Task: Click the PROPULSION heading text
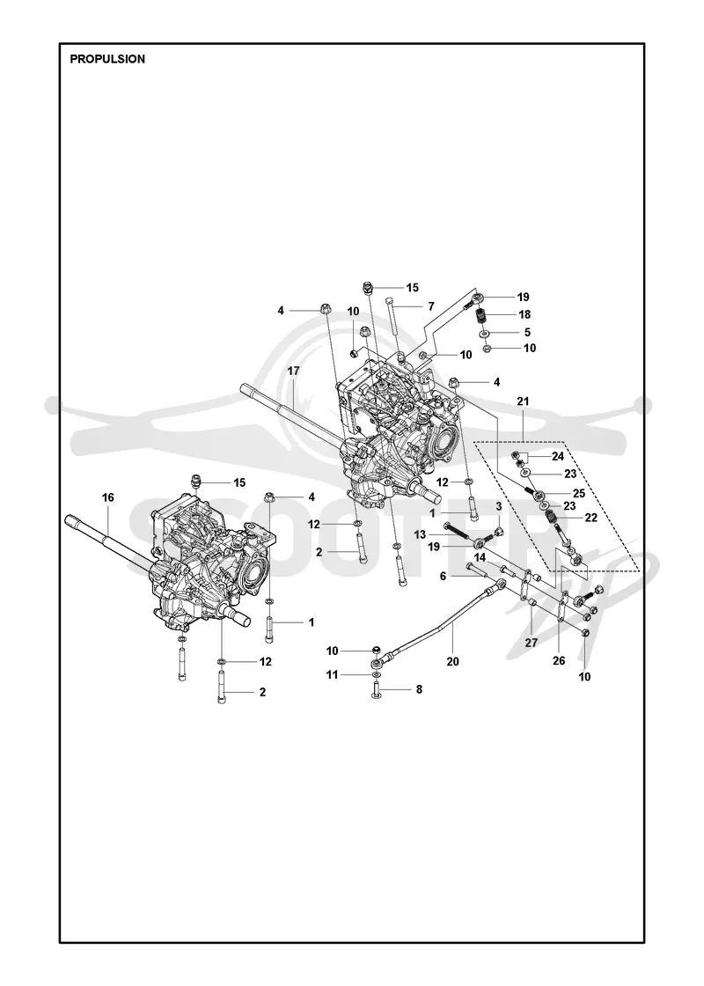[x=107, y=59]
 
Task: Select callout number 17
[x=294, y=371]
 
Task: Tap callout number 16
[x=108, y=497]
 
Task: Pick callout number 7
[x=431, y=306]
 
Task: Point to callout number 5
[x=527, y=332]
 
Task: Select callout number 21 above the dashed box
[x=523, y=401]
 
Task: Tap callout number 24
[x=558, y=457]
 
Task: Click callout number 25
[x=579, y=493]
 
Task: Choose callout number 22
[x=590, y=518]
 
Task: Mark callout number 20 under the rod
[x=452, y=661]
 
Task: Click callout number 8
[x=419, y=689]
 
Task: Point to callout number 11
[x=332, y=674]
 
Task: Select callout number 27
[x=532, y=643]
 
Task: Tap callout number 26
[x=559, y=660]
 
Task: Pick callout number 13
[x=420, y=534]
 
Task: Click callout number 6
[x=444, y=576]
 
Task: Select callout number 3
[x=498, y=506]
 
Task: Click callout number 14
[x=480, y=557]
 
